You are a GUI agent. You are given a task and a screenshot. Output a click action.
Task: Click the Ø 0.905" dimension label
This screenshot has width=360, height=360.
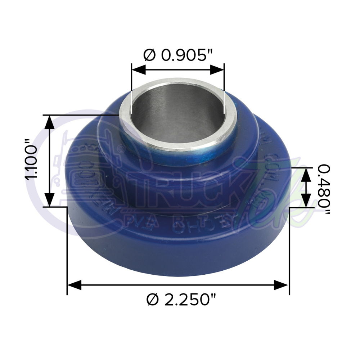click(178, 55)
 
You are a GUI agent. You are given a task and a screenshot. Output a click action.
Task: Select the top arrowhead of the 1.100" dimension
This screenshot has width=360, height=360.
click(50, 122)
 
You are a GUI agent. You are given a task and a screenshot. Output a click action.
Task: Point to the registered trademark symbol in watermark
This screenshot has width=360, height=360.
click(122, 147)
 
